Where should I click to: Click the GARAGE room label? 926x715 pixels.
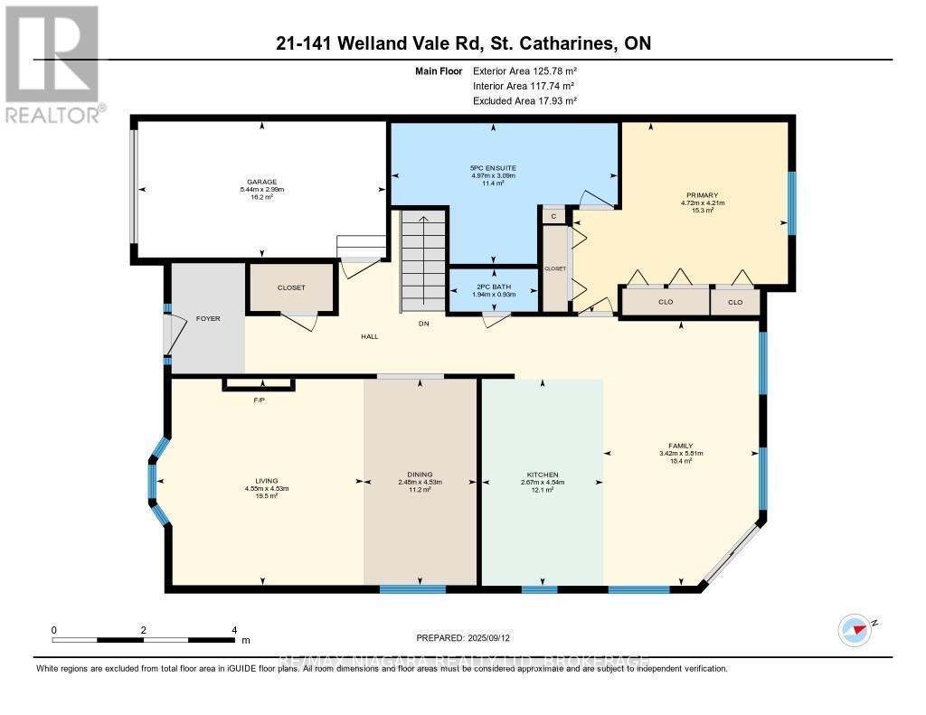(263, 182)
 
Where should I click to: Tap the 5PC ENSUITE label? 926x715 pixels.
(492, 168)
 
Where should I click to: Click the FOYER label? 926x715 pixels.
(208, 319)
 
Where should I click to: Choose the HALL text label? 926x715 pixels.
(368, 337)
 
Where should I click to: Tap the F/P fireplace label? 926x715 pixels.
(259, 400)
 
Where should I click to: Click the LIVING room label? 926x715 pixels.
(266, 481)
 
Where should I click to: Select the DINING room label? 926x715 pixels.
(420, 475)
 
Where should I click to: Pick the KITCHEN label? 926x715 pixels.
(543, 475)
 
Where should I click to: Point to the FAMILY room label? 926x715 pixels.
(680, 446)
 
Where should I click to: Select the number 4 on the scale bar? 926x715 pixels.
(234, 630)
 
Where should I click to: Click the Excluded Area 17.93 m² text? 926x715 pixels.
(524, 101)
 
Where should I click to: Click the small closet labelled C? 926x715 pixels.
(553, 216)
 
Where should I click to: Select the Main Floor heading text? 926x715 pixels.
(438, 71)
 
